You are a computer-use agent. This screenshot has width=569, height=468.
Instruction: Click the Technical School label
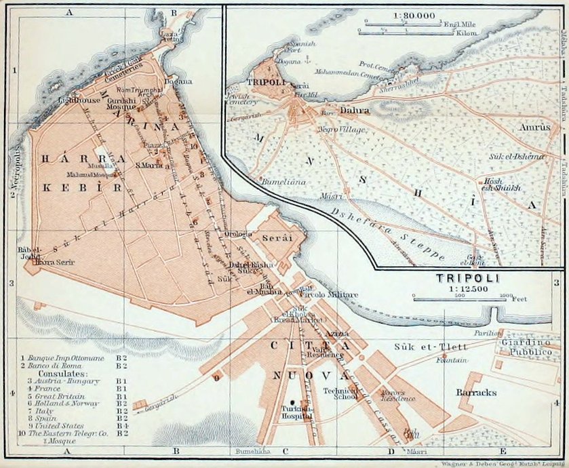[340, 395]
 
